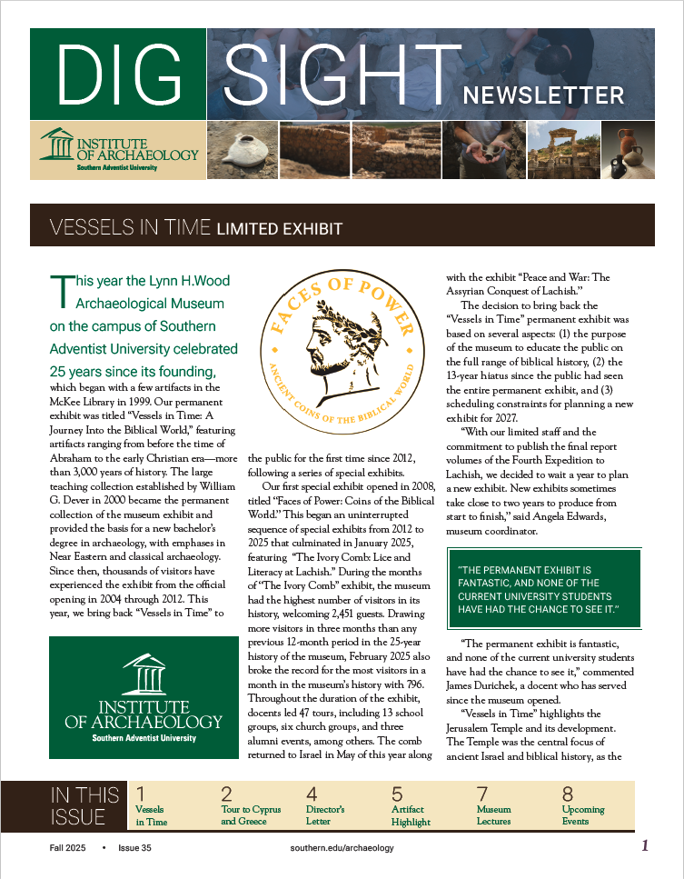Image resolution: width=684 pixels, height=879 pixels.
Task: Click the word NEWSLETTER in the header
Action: (543, 95)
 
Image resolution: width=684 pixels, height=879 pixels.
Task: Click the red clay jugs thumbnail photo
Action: (628, 150)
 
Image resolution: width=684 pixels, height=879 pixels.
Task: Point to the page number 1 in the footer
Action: (645, 846)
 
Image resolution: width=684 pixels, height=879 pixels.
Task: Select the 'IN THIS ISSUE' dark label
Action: (84, 805)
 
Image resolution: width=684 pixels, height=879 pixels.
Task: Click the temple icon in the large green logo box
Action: (144, 674)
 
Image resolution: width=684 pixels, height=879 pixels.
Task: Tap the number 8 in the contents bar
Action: (568, 793)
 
